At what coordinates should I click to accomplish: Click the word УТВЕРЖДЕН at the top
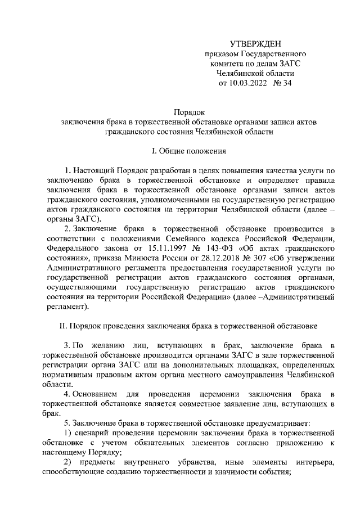255,44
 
